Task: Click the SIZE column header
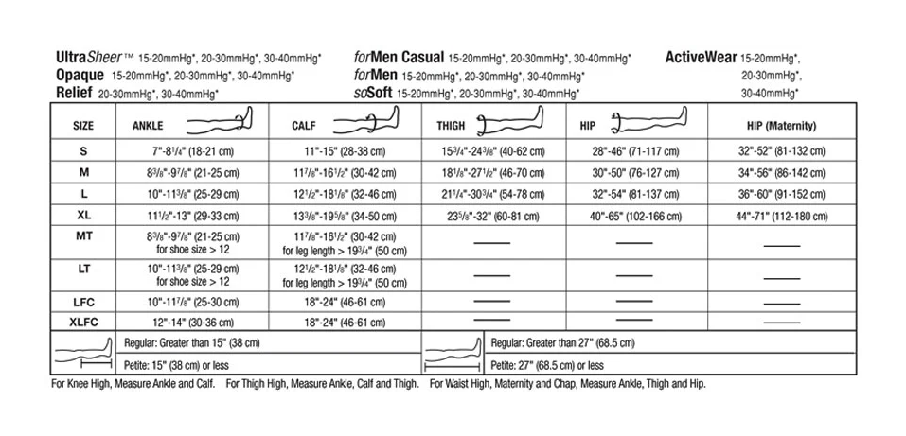click(x=83, y=124)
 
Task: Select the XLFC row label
click(x=83, y=322)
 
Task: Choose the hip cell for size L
click(x=635, y=195)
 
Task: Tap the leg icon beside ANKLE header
click(x=221, y=121)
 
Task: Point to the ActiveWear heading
click(x=701, y=57)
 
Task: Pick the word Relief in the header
click(x=74, y=93)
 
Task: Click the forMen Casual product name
click(x=398, y=57)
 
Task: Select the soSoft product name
click(x=372, y=93)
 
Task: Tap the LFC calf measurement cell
click(x=345, y=302)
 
